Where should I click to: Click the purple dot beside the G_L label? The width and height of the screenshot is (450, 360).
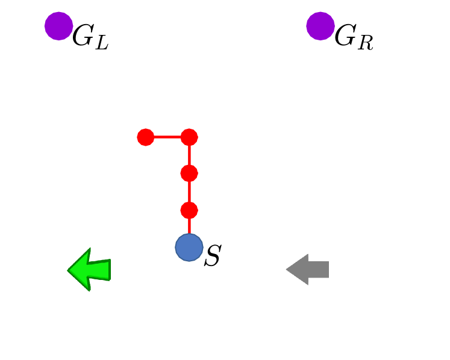58,26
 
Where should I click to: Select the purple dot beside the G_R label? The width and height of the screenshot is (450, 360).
320,26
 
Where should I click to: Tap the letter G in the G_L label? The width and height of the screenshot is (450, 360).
83,37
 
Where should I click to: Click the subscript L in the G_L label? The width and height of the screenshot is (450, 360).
101,43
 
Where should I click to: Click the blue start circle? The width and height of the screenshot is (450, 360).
189,247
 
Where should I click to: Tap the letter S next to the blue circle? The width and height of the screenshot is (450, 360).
213,256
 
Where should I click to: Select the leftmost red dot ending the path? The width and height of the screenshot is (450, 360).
145,137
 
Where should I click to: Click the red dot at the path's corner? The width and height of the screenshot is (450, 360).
189,137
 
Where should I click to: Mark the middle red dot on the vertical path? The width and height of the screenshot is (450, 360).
189,173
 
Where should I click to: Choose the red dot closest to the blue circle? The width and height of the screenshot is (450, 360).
189,210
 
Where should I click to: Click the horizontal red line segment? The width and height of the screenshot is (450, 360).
167,137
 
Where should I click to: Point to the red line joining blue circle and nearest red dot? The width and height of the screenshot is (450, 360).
189,226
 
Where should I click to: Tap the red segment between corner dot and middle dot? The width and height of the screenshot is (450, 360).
189,155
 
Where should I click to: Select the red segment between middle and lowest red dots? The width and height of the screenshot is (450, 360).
189,192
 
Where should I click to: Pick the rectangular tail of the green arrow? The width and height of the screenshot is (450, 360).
101,270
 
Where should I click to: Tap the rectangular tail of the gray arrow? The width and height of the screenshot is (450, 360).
319,269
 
